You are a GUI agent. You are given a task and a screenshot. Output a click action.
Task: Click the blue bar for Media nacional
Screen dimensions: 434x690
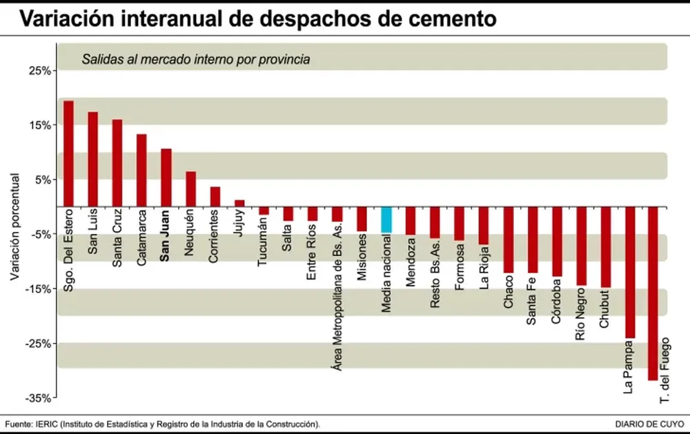[x=386, y=219]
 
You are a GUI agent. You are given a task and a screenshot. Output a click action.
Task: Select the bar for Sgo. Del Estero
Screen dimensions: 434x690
[x=68, y=153]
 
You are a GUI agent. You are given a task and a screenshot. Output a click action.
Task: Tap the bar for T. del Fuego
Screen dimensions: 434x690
[x=653, y=293]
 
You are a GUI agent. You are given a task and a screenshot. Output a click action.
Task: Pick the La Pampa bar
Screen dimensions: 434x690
[x=629, y=272]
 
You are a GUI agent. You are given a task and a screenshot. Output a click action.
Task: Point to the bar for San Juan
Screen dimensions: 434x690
[x=166, y=177]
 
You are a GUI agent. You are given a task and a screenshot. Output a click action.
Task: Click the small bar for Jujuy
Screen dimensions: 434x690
[x=239, y=203]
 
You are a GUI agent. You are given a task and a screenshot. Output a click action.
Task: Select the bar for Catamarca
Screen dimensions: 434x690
[x=141, y=170]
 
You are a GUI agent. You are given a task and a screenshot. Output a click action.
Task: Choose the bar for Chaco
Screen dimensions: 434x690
[x=509, y=239]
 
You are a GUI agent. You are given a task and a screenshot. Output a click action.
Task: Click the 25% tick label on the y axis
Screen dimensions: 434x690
[x=39, y=71]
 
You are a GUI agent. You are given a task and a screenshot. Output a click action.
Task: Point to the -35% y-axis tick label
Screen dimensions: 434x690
[x=37, y=398]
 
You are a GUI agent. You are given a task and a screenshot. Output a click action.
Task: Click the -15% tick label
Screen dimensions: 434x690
[x=37, y=289]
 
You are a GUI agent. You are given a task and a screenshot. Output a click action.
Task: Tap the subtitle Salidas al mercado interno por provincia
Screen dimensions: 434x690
[x=195, y=59]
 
